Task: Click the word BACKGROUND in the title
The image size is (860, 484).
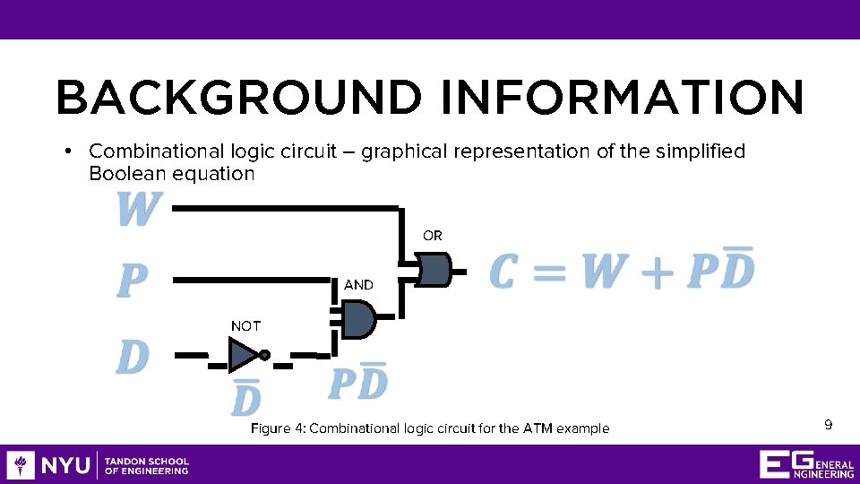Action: (x=237, y=98)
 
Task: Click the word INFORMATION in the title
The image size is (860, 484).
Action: (x=622, y=98)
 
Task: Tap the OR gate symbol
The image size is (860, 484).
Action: (x=434, y=269)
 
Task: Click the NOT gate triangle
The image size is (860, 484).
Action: (x=243, y=356)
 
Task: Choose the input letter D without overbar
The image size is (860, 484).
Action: (x=133, y=358)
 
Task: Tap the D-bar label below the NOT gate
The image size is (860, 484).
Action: (x=245, y=397)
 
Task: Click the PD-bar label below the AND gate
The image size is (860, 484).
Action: (x=358, y=383)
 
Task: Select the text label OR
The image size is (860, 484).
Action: (x=432, y=236)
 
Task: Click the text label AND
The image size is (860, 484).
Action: (x=358, y=284)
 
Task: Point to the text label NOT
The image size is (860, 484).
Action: (x=245, y=326)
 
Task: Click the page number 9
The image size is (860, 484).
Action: (x=829, y=424)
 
